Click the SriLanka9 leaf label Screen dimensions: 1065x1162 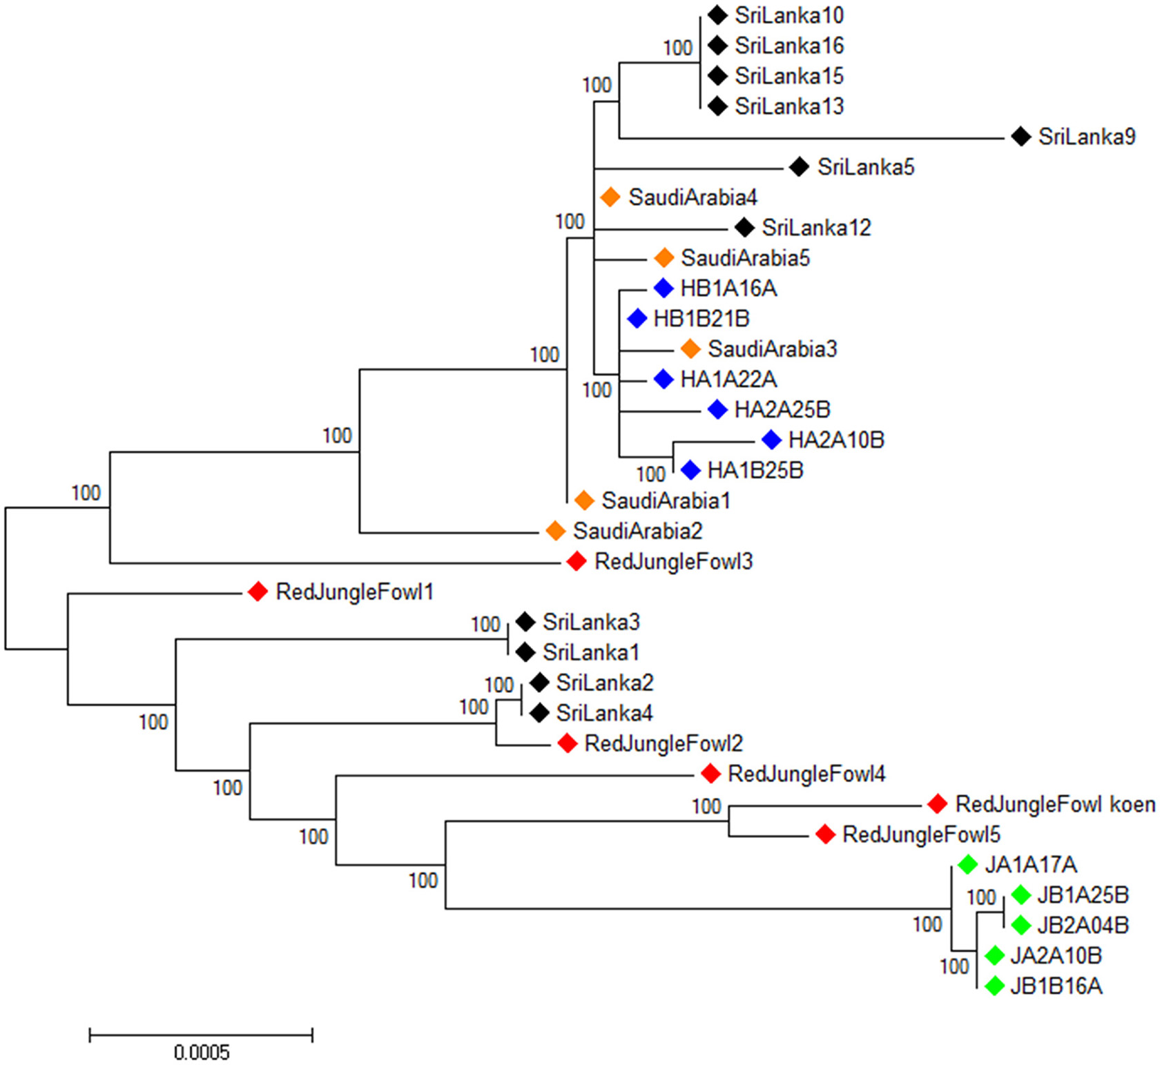[x=1086, y=137]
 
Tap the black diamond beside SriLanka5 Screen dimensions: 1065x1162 [x=799, y=166]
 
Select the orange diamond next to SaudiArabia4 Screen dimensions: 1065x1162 [x=610, y=197]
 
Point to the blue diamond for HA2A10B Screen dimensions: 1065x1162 [x=771, y=440]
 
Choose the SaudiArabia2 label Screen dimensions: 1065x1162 [x=637, y=531]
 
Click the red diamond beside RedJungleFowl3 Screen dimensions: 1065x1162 [x=576, y=561]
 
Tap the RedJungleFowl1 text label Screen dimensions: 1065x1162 [x=354, y=592]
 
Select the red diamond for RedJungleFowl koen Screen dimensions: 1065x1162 [x=937, y=804]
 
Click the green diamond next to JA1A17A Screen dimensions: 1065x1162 [x=967, y=864]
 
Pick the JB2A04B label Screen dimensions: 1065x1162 [x=1083, y=925]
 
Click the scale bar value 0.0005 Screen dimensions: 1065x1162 [x=202, y=1053]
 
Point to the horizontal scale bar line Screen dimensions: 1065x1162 [x=201, y=1035]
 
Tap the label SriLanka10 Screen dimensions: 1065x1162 [x=789, y=15]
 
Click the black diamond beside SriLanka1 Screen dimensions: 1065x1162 [x=525, y=652]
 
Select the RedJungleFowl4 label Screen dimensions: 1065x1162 [x=806, y=774]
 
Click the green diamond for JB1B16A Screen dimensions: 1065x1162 [x=994, y=986]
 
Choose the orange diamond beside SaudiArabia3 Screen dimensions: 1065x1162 [x=690, y=349]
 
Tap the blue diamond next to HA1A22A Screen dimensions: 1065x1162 [x=664, y=379]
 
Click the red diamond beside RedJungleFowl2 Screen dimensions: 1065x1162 [x=567, y=743]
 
